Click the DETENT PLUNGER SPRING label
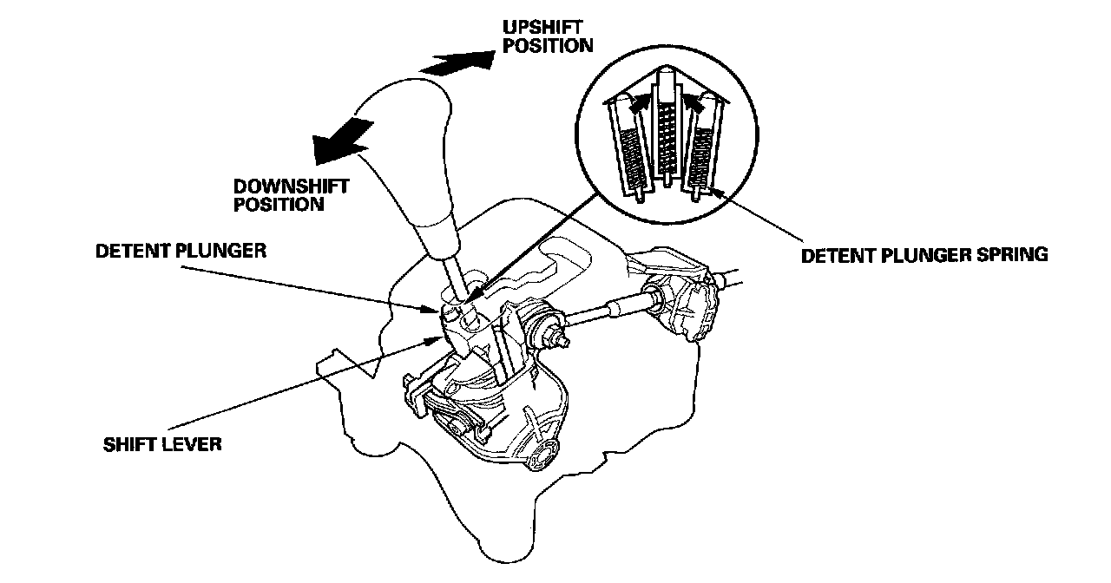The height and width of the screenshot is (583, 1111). [x=924, y=255]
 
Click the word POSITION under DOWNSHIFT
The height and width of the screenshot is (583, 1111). [x=278, y=205]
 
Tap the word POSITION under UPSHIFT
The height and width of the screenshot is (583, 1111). [x=548, y=45]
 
